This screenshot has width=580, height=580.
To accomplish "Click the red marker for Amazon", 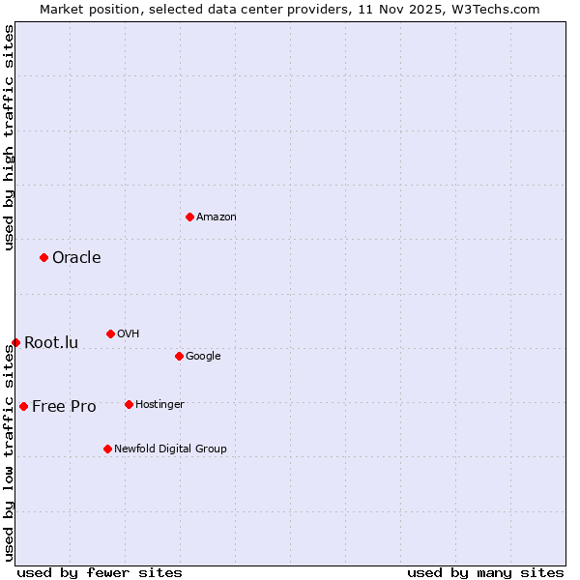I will pos(189,217).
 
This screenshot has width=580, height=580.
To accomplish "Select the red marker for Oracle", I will pos(43,257).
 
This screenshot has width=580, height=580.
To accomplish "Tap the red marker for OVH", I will pos(110,333).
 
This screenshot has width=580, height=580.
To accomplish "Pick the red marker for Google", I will pos(179,356).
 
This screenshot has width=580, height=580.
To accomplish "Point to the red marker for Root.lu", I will pos(15,342).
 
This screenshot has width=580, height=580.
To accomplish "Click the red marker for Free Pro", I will pos(23,406).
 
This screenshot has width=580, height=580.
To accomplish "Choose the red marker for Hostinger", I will pos(129,404).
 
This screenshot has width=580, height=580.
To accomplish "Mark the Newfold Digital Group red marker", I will pos(107,449).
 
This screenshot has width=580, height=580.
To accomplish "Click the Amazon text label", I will pos(217,217).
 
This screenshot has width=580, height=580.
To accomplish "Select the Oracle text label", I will pos(76,257).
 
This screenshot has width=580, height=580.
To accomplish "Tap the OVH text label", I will pos(129,333).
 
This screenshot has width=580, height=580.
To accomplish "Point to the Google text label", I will pos(203,356).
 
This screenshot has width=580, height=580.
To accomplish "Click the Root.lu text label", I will pos(51,342).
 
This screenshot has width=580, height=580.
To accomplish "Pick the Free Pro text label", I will pos(64,406).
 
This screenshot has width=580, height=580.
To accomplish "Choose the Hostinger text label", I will pos(159,404).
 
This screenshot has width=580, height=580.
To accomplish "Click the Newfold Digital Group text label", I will pos(170,449).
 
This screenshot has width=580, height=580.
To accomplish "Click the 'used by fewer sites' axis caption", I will pos(100,572).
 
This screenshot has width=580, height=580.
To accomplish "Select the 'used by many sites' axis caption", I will pos(485,572).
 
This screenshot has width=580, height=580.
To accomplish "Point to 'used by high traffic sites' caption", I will pos(9,137).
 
